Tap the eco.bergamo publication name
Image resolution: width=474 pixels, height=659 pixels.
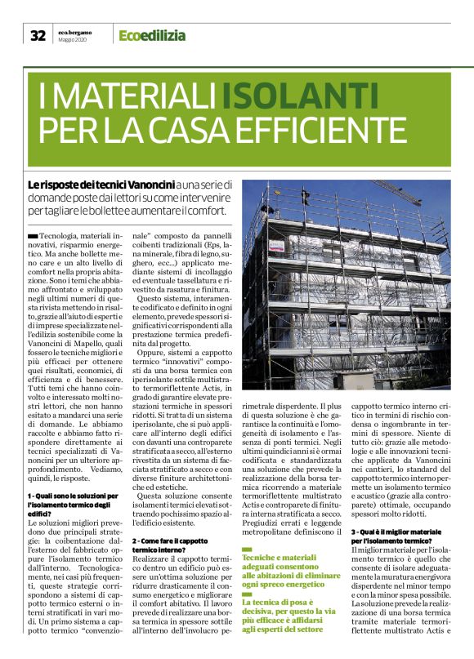coord(76,31)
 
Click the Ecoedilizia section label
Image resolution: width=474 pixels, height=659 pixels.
coord(152,35)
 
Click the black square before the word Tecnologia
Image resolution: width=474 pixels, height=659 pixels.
coord(32,234)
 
